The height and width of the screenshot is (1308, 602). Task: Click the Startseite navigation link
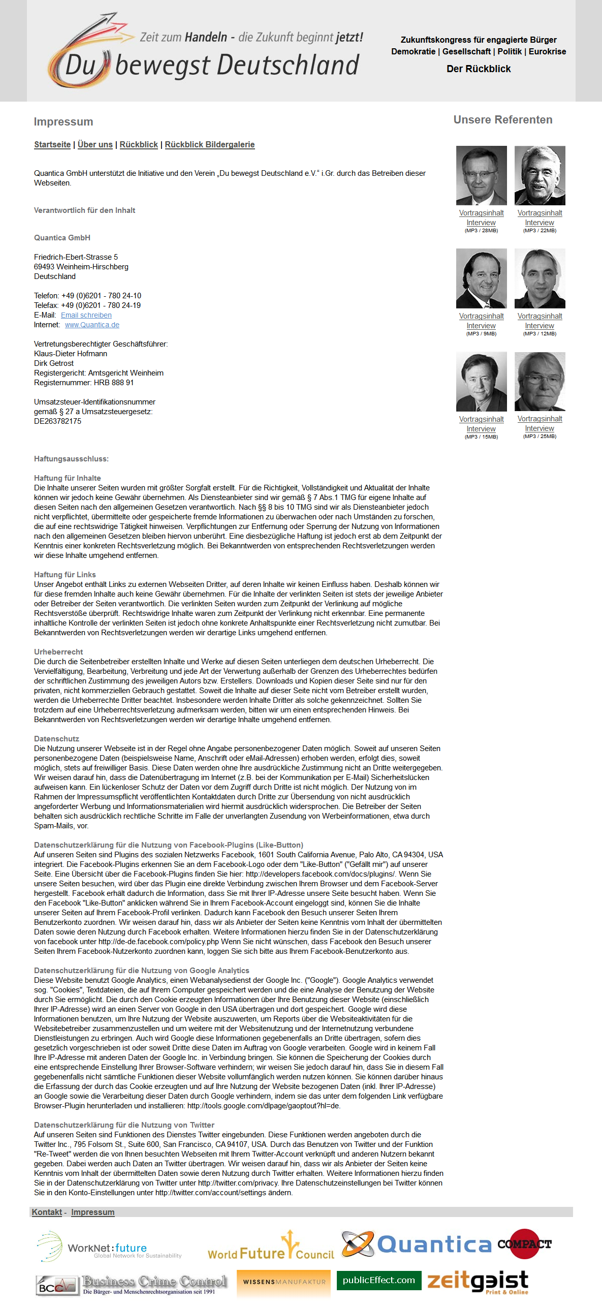pos(52,145)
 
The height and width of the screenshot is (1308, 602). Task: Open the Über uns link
pos(95,145)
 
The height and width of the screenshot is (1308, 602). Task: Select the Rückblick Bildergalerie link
pos(209,145)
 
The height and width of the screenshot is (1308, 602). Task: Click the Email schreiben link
pos(86,315)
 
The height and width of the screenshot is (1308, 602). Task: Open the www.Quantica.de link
pos(92,325)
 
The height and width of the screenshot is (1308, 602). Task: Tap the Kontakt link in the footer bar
pos(47,1212)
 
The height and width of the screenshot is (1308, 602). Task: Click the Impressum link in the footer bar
pos(92,1212)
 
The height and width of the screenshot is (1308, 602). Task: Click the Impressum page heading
pos(64,122)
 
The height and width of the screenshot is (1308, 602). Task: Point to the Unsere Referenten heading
pos(502,120)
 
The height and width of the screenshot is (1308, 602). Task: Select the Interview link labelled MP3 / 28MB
pos(481,223)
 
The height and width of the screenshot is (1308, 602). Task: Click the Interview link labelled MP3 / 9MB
pos(481,326)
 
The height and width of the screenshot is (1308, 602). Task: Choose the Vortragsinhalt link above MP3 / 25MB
pos(540,419)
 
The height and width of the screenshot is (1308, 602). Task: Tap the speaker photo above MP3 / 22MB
pos(540,175)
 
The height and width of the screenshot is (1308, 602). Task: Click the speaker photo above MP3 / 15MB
pos(481,382)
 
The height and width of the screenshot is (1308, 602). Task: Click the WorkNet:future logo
pos(108,1247)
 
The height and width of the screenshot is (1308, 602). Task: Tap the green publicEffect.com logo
pos(378,1280)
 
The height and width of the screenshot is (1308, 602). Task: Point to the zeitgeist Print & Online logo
pos(478,1282)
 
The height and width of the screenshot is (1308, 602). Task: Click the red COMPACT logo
pos(524,1243)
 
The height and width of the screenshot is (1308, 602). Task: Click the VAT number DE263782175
pos(57,421)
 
